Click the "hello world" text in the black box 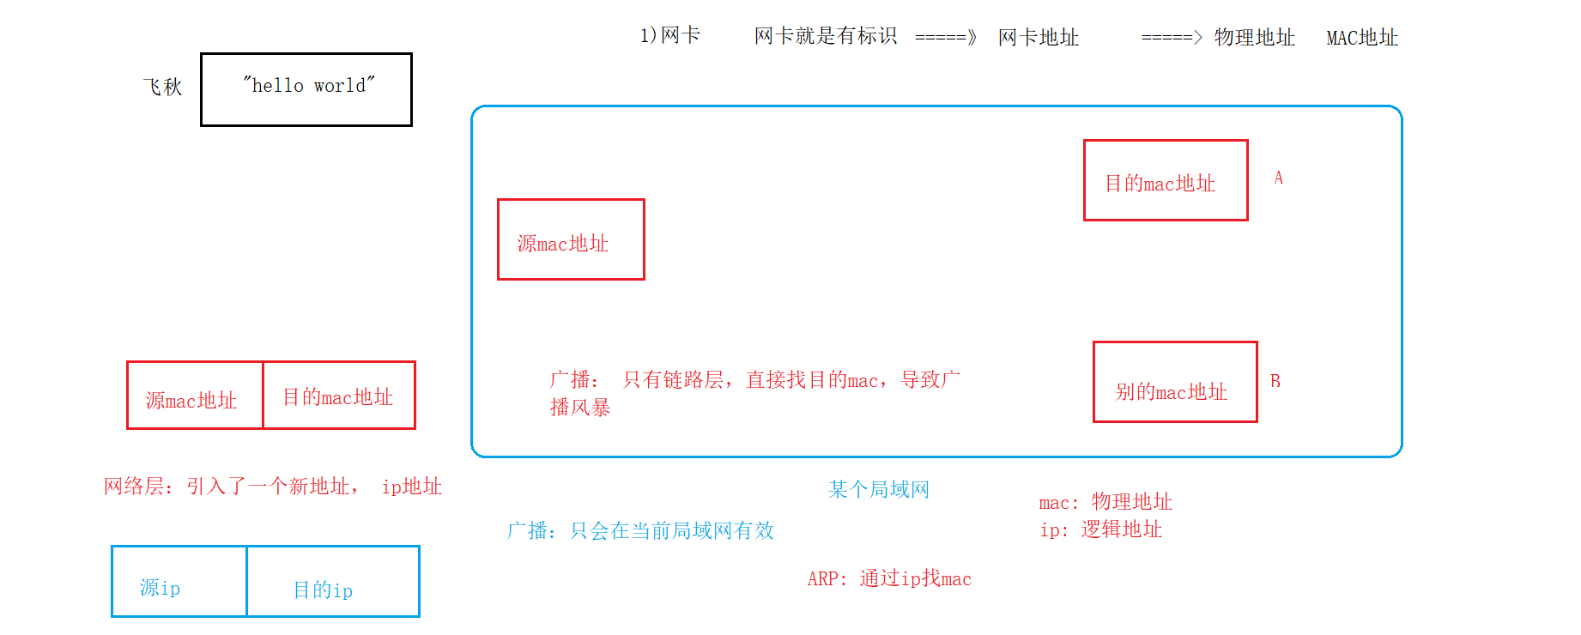coord(309,85)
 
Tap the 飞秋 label coord(162,87)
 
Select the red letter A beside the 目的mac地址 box coord(1278,178)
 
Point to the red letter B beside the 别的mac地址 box coord(1275,381)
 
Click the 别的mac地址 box coord(1174,382)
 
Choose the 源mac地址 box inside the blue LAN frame coord(571,239)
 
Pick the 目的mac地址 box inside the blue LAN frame coord(1165,180)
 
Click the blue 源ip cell coord(179,582)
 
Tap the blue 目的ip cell coord(332,582)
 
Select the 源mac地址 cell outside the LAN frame coord(195,396)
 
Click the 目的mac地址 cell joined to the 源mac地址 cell coord(338,396)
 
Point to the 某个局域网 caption coord(878,489)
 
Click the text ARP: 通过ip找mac coord(889,578)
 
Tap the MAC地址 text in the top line coord(1362,38)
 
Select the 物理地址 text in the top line coord(1254,38)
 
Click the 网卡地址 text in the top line coord(1038,38)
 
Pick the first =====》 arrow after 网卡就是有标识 coord(945,38)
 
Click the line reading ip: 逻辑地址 coord(1100,529)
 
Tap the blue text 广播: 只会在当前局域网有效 coord(640,530)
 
